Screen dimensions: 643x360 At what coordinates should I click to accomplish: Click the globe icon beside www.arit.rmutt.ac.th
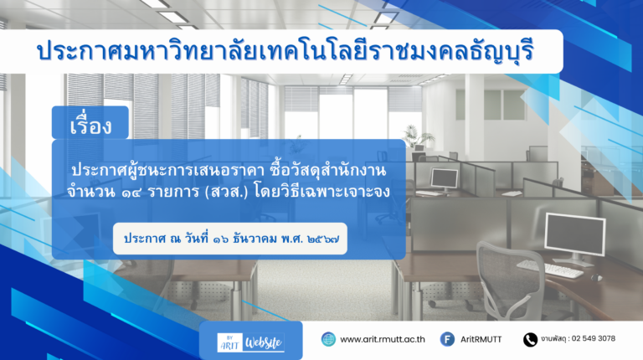pyautogui.click(x=328, y=340)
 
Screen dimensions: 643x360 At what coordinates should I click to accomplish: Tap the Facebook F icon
pyautogui.click(x=447, y=340)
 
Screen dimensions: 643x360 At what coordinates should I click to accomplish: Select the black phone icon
pyautogui.click(x=530, y=340)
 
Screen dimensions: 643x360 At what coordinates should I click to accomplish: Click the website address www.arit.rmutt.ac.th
pyautogui.click(x=382, y=340)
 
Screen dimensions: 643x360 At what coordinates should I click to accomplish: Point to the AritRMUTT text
pyautogui.click(x=481, y=340)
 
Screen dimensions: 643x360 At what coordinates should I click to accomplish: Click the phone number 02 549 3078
pyautogui.click(x=594, y=339)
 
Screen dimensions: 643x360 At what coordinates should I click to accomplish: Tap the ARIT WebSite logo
pyautogui.click(x=250, y=342)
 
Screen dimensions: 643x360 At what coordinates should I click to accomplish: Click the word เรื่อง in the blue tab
pyautogui.click(x=90, y=125)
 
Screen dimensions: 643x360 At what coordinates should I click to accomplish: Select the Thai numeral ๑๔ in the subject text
pyautogui.click(x=131, y=192)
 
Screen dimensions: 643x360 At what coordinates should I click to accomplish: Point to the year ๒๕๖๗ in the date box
pyautogui.click(x=323, y=239)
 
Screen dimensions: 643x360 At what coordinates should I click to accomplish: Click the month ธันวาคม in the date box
pyautogui.click(x=255, y=239)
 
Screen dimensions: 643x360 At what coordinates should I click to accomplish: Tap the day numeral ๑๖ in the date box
pyautogui.click(x=221, y=239)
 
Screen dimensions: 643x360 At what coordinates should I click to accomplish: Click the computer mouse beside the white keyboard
pyautogui.click(x=596, y=278)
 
